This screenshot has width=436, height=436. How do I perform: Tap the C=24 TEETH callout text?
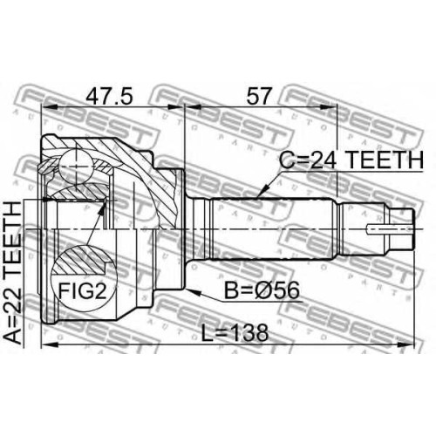(x=351, y=160)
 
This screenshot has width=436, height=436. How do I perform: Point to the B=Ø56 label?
(x=262, y=290)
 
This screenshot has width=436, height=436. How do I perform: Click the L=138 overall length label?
(x=235, y=333)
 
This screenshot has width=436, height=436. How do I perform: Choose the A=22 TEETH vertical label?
(x=13, y=273)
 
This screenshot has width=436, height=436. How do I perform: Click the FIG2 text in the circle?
(x=83, y=291)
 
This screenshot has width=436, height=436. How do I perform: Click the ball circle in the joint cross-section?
(x=75, y=167)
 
